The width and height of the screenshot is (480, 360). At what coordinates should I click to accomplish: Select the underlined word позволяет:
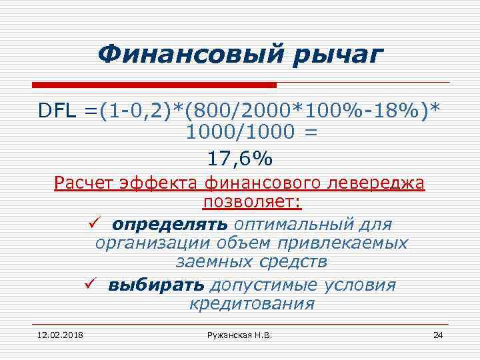click(x=249, y=202)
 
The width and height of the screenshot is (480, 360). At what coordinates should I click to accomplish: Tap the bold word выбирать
click(x=155, y=285)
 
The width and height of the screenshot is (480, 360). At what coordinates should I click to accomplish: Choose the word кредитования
click(x=252, y=305)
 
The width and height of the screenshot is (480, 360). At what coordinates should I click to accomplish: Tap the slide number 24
click(x=437, y=334)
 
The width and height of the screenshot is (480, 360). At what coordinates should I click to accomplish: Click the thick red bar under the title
click(x=154, y=85)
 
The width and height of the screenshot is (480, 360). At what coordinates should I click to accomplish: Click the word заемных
click(x=212, y=263)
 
